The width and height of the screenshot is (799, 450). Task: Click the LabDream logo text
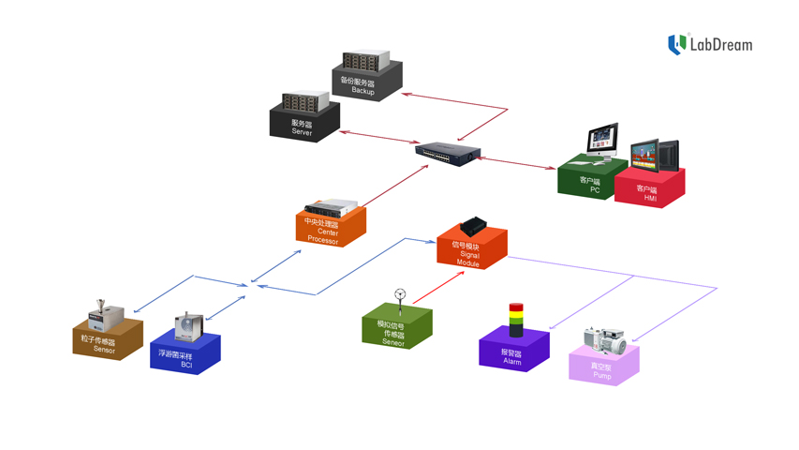[720, 44]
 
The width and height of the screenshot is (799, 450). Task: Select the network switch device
[448, 153]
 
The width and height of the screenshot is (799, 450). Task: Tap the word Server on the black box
[302, 132]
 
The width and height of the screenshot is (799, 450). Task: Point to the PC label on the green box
[594, 190]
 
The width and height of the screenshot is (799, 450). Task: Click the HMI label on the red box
[650, 198]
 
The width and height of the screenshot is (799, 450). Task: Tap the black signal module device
[472, 226]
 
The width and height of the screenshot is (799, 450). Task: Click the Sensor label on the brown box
[103, 349]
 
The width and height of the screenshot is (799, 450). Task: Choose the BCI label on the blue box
[186, 365]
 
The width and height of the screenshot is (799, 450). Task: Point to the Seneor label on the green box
[393, 342]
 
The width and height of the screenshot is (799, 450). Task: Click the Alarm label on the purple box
[511, 361]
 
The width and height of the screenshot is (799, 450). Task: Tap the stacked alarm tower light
[515, 320]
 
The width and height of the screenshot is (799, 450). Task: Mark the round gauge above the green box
[400, 293]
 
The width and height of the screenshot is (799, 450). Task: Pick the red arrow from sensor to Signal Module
[438, 287]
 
